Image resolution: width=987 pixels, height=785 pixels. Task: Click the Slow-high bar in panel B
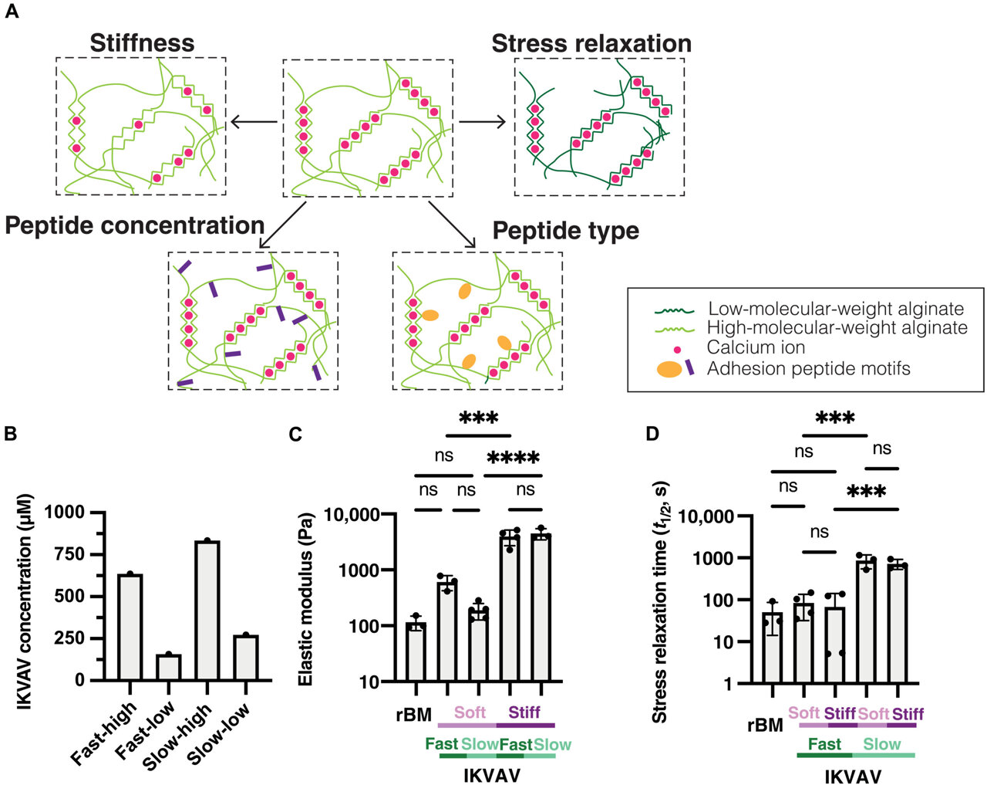point(207,610)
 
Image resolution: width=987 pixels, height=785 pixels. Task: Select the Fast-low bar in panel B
point(168,667)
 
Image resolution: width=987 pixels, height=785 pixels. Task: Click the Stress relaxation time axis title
point(660,602)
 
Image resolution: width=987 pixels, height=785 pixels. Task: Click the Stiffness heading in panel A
point(142,43)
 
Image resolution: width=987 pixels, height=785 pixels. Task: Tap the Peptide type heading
point(565,231)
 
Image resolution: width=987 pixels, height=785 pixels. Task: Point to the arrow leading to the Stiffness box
point(253,123)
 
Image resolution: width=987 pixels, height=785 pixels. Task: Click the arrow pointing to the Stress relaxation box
point(483,122)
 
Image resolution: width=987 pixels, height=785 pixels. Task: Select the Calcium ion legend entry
point(756,348)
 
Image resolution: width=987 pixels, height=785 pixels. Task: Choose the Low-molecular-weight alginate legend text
point(836,310)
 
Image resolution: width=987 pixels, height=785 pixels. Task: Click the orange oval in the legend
point(669,369)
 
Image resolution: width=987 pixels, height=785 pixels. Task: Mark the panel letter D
point(652,434)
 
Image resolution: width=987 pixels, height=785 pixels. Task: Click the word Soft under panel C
point(470,712)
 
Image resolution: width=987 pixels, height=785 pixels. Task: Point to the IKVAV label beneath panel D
point(853,776)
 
